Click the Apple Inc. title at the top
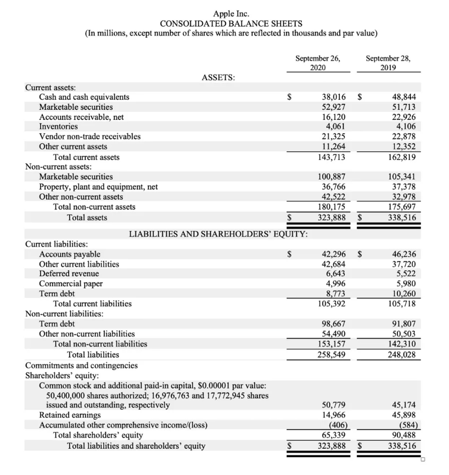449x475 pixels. pos(231,14)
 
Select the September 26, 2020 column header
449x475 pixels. pos(318,63)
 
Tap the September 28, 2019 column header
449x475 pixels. pos(388,63)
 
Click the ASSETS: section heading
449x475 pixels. pos(218,78)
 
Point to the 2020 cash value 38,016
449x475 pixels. pos(334,97)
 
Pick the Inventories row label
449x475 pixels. pos(58,127)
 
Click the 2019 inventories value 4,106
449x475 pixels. pos(406,127)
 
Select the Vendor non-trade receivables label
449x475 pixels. pos(90,137)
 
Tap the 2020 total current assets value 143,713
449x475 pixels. pos(331,157)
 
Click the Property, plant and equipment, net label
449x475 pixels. pos(99,187)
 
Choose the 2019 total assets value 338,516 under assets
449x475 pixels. pos(402,218)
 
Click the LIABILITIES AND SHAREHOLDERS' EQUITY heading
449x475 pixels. pos(218,234)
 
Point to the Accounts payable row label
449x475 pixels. pos(70,254)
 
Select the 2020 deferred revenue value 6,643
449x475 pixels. pos(335,274)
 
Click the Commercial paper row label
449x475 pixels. pos(71,284)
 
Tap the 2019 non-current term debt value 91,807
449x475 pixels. pos(404,324)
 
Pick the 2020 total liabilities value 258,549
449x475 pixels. pos(331,355)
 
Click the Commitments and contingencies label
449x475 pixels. pos(82,366)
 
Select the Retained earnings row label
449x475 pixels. pos(70,415)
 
